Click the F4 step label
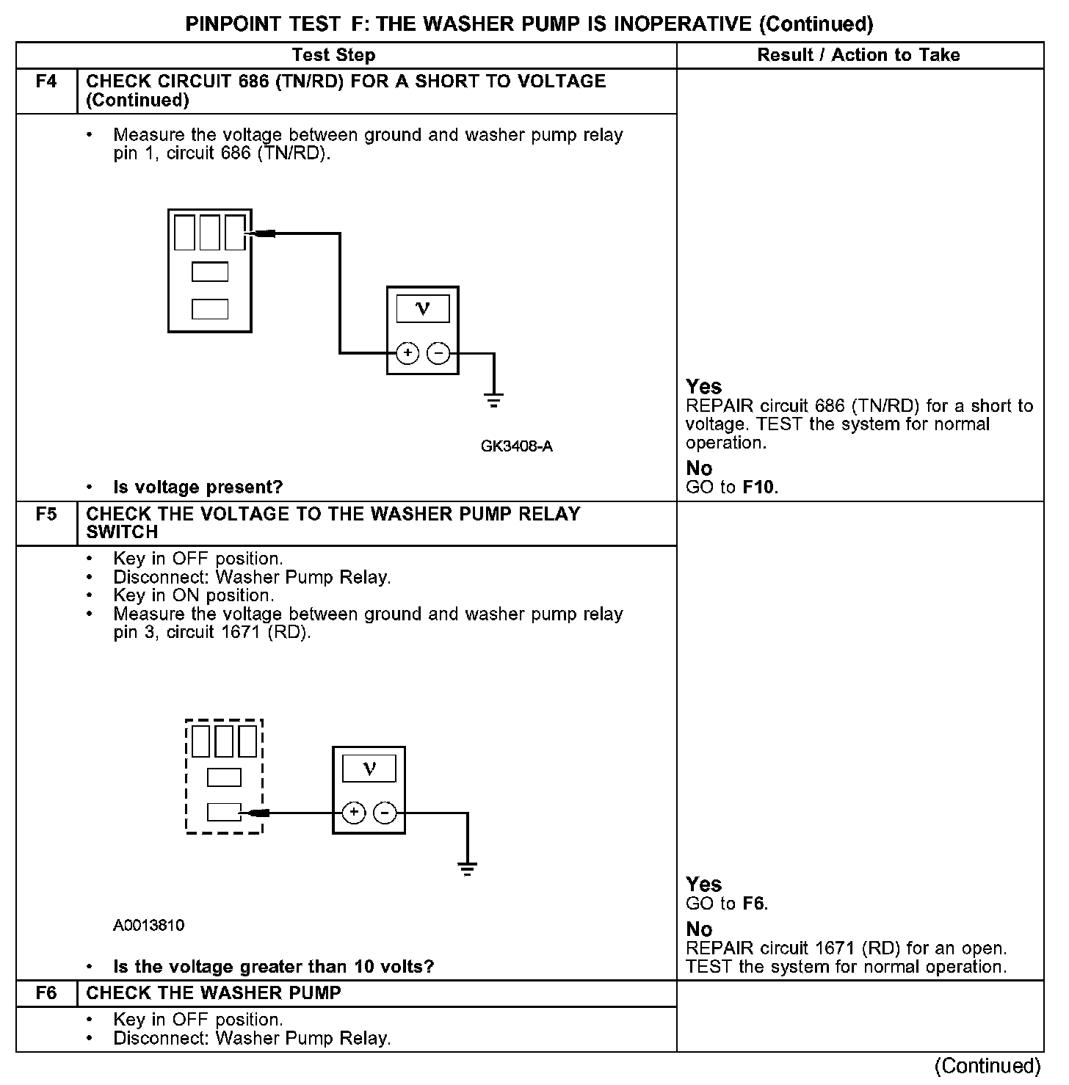[46, 81]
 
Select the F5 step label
[46, 514]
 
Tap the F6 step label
[46, 993]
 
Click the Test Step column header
[333, 55]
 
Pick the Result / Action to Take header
[858, 55]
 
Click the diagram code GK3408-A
[517, 446]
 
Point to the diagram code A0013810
[149, 926]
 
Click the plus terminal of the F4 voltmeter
[407, 353]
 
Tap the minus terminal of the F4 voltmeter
[438, 353]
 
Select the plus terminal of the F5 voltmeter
[354, 813]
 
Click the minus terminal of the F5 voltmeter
[385, 813]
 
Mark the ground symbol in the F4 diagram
[494, 401]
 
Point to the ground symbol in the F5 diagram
[468, 868]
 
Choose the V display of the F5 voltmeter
[369, 769]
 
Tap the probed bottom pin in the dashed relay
[224, 812]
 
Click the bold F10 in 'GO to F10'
[759, 487]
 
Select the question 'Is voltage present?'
[198, 487]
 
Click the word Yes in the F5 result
[703, 885]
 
